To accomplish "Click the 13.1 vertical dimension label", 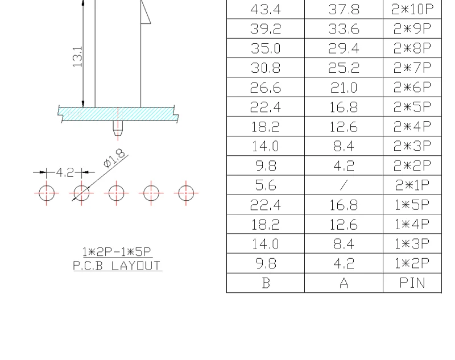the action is point(77,56).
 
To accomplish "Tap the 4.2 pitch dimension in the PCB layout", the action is point(65,172).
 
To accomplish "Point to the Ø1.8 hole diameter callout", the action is point(114,158).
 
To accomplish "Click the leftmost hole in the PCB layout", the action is point(47,193).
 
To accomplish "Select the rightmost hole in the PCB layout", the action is point(186,193).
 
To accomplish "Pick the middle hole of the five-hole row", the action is point(117,193).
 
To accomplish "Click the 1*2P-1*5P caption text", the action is point(117,252).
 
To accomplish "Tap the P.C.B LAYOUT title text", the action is point(117,266).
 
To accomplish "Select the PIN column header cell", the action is point(412,283).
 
